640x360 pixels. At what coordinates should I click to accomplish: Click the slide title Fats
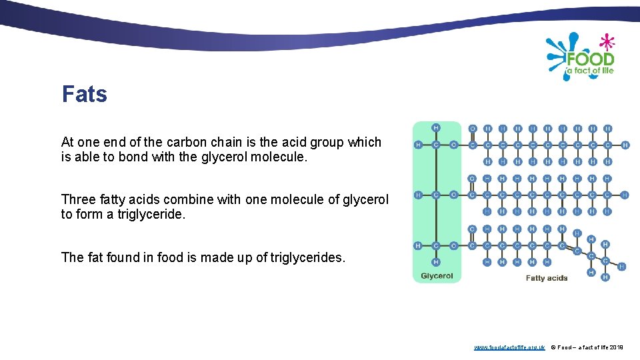coord(85,94)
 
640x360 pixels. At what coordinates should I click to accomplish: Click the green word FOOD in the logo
coord(589,58)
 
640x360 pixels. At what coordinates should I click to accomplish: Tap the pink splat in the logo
coord(607,42)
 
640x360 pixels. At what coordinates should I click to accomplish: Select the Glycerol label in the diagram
coord(437,276)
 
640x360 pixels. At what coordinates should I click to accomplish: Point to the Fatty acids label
coord(547,277)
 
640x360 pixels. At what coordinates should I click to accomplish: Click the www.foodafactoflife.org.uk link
coord(509,347)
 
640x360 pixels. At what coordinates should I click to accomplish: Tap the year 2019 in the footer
coord(616,347)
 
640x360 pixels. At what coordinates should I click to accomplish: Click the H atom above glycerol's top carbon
coord(436,127)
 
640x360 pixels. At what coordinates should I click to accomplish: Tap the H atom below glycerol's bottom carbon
coord(436,262)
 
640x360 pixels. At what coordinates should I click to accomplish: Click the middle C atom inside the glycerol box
coord(436,195)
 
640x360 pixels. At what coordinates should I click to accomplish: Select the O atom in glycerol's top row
coord(453,145)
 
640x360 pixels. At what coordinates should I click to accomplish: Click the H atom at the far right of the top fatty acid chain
coord(625,145)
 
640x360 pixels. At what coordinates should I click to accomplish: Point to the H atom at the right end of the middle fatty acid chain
coord(625,195)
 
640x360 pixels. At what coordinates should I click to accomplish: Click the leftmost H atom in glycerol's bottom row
coord(418,245)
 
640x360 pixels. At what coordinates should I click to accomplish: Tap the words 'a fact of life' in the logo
coord(589,71)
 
